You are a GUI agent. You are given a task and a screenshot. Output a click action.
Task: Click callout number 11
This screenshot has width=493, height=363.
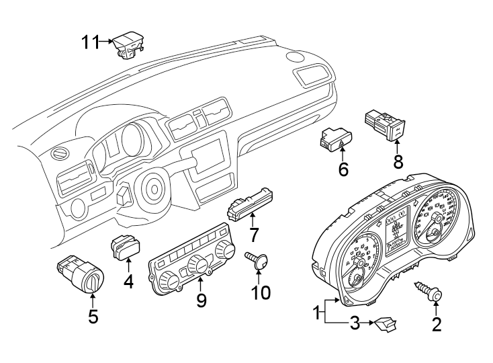coord(90,43)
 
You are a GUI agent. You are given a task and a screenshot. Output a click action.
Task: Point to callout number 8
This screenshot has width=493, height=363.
coord(397,161)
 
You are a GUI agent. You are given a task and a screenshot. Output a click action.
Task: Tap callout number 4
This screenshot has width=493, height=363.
coord(128,282)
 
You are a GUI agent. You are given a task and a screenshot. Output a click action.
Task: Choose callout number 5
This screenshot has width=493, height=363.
coord(93,315)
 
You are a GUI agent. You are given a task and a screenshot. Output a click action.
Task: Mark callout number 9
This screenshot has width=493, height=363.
coord(201,301)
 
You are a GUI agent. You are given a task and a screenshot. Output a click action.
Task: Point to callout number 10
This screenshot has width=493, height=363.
coord(260,292)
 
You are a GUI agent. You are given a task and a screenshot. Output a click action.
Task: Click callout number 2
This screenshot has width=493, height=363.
coord(437,325)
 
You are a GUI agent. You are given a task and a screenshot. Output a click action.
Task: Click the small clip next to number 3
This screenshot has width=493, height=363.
coord(386,325)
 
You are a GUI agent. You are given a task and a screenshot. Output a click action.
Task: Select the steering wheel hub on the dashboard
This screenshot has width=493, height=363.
coord(154,189)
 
